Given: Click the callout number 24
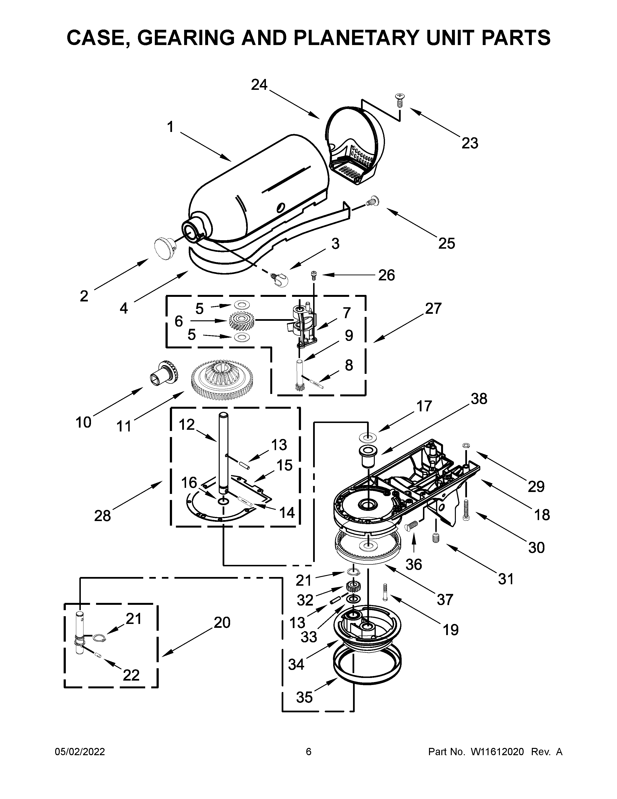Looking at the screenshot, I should (x=259, y=85).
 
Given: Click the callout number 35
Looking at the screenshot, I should (x=304, y=698).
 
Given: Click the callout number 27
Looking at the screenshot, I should (x=433, y=308).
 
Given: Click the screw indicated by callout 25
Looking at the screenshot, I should (x=373, y=200).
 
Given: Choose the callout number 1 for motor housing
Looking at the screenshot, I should (x=170, y=127).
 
